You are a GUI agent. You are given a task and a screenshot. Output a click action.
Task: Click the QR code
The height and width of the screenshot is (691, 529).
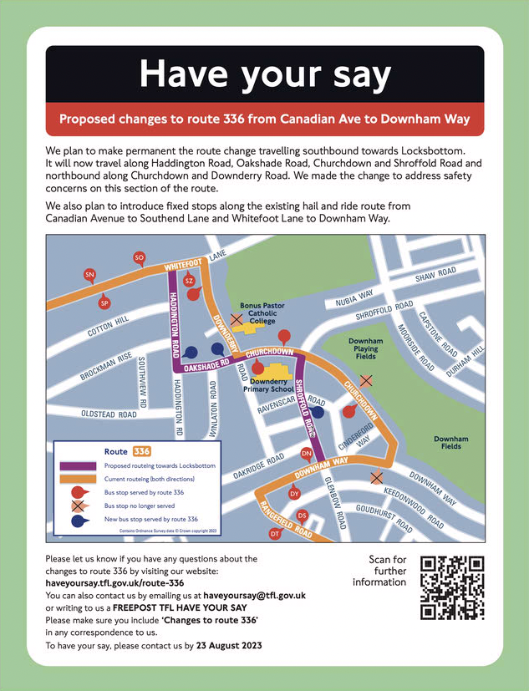coord(452,587)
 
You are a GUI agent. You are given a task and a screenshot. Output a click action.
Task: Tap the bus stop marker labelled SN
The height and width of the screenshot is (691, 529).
coord(89,275)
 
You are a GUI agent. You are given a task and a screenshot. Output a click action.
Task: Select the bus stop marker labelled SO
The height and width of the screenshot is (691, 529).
coord(140,258)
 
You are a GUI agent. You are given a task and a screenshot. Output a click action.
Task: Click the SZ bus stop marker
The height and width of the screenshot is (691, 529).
coord(189,281)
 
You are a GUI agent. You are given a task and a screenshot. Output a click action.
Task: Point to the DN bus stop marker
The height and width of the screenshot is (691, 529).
coord(306,454)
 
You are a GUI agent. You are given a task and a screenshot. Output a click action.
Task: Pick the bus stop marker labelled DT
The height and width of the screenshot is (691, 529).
coord(274,533)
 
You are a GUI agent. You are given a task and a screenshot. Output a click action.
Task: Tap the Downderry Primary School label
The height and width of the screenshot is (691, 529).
coord(269,384)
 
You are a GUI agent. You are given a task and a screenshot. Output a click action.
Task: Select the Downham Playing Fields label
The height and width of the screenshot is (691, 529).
coord(365,349)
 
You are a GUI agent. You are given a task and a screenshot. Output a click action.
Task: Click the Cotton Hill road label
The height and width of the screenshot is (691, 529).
coord(109,325)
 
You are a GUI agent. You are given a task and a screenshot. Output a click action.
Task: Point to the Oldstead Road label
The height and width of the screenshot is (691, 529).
coord(109,414)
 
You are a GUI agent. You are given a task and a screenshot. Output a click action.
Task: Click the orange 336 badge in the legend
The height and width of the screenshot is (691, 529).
coord(142,451)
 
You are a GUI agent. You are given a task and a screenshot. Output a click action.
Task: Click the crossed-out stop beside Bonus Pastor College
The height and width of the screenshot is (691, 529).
coord(237,319)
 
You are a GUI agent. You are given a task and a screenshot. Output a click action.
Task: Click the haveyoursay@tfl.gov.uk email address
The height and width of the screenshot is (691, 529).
coord(255,595)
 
